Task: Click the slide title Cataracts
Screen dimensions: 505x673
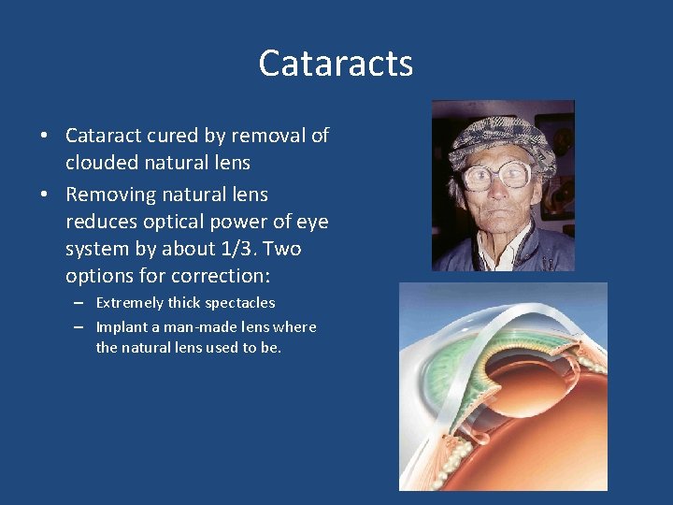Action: (x=336, y=64)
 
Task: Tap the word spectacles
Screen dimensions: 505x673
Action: (x=238, y=303)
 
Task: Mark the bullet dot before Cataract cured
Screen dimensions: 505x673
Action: (x=44, y=137)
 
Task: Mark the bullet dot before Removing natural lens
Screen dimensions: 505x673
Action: (x=44, y=195)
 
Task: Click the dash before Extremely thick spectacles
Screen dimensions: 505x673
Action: (x=80, y=303)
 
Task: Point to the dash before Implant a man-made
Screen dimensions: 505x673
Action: (x=80, y=327)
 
